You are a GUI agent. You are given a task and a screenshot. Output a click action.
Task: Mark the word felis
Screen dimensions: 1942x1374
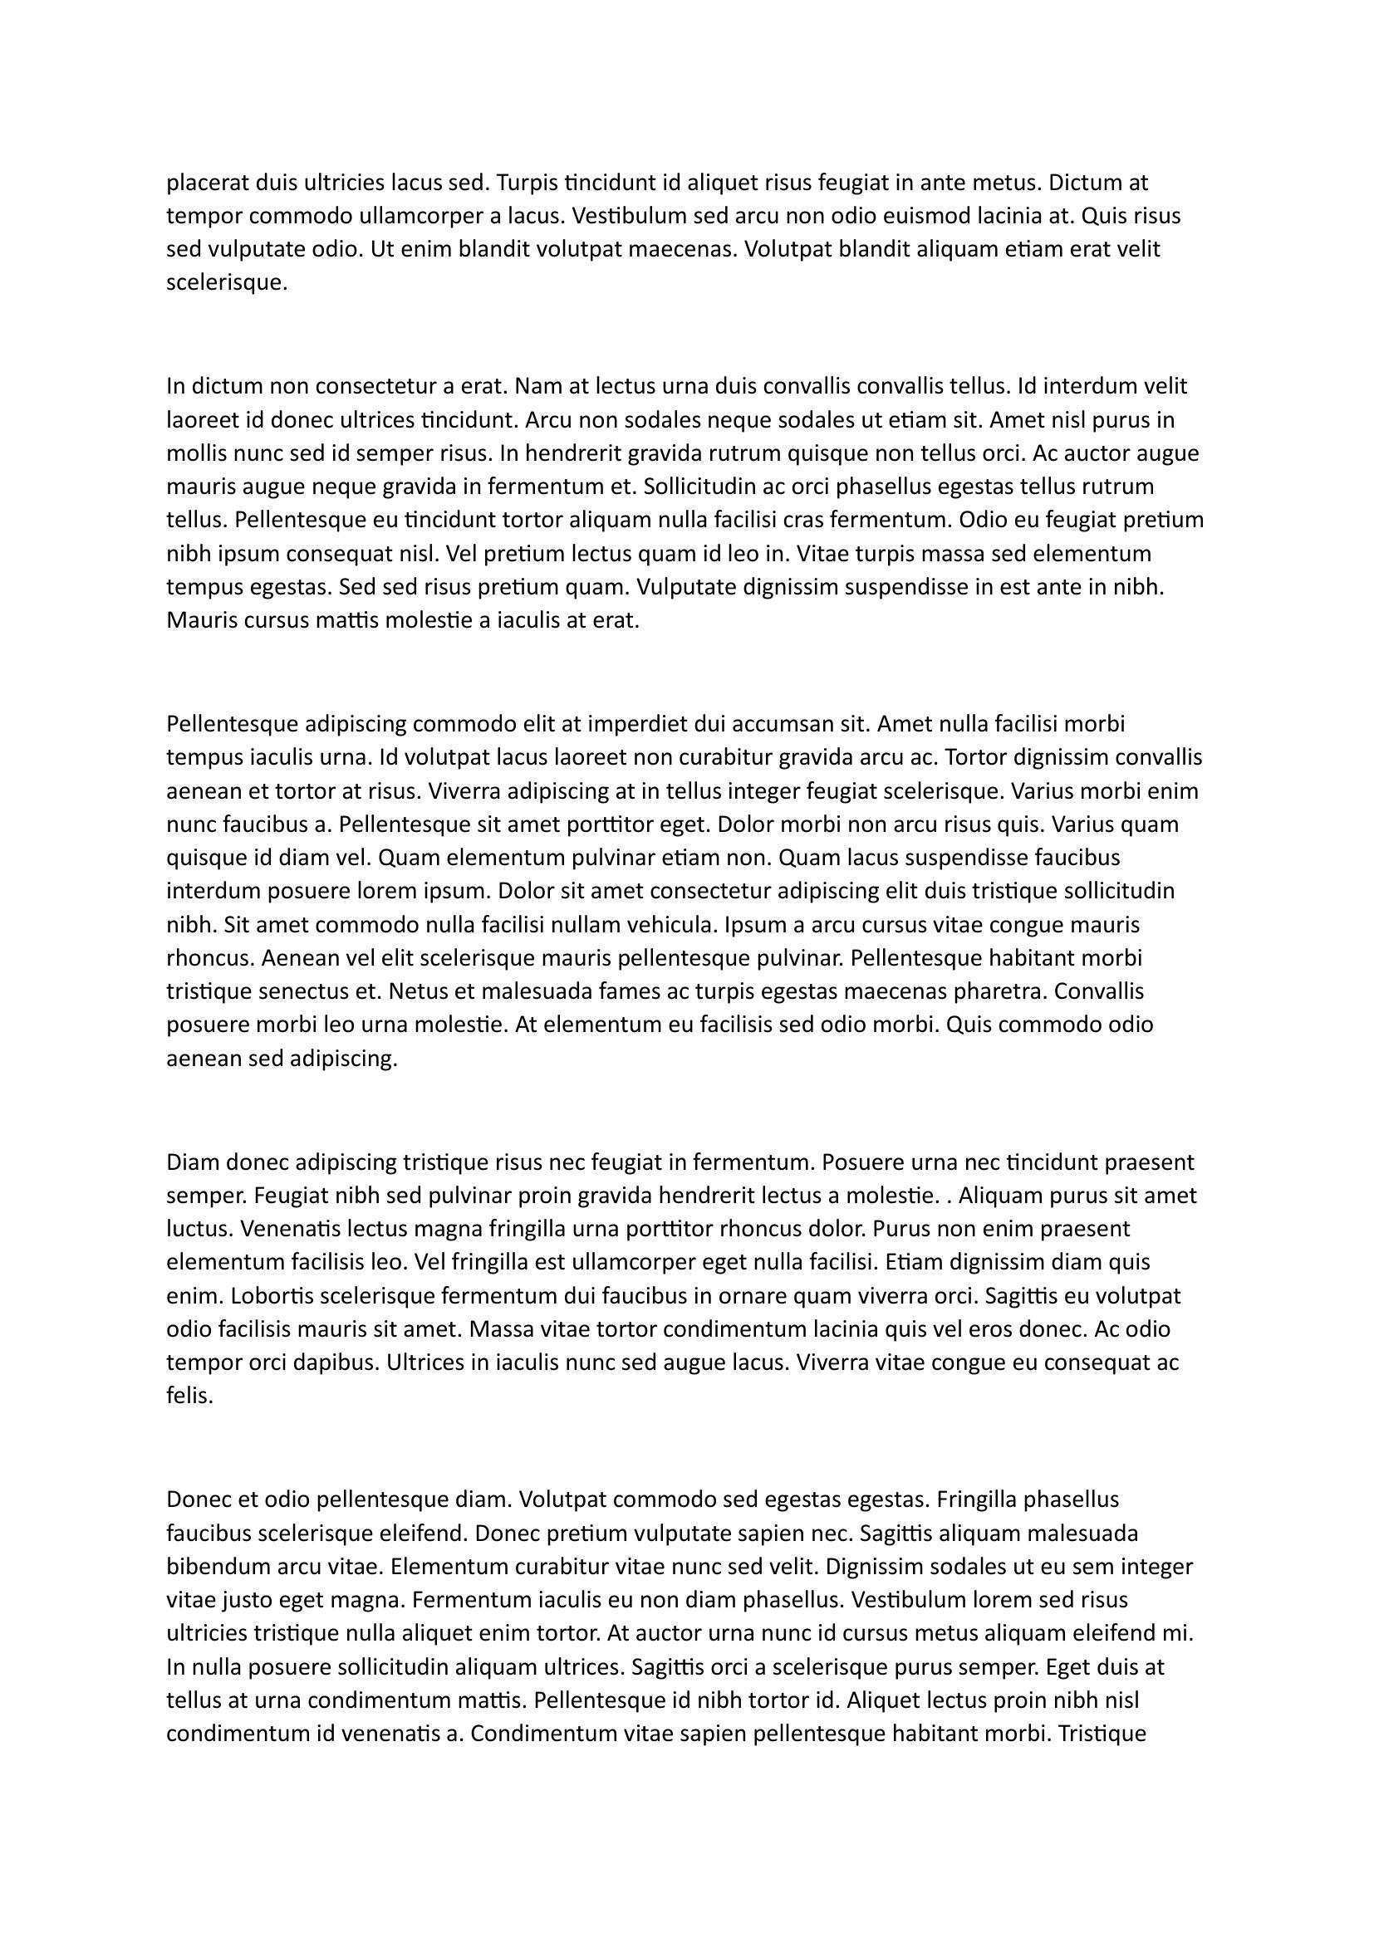click(x=189, y=1397)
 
